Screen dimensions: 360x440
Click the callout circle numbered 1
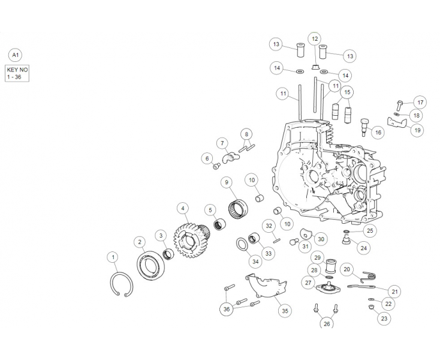[x=112, y=257]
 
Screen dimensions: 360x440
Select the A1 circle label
[x=16, y=55]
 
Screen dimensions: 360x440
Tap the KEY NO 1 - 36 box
[x=16, y=74]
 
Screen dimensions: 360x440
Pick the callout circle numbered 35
[x=285, y=310]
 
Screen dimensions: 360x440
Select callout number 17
[x=420, y=102]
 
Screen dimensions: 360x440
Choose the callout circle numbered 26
[x=326, y=324]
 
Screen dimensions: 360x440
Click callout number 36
[x=226, y=309]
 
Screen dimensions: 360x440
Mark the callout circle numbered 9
[x=227, y=182]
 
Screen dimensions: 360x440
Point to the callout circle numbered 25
[x=370, y=230]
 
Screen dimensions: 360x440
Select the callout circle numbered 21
[x=394, y=292]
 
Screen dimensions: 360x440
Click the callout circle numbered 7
[x=222, y=143]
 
